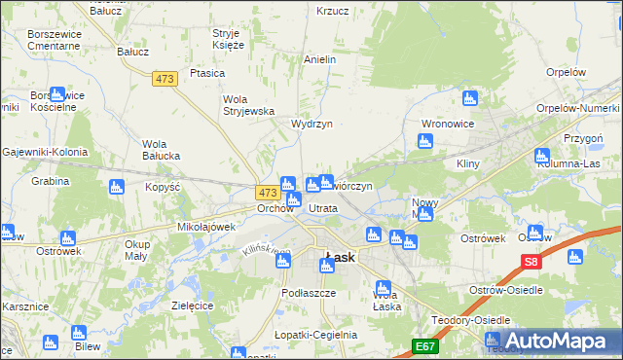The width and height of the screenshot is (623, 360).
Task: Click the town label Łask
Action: click(340, 258)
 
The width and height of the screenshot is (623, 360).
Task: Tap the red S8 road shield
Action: click(531, 261)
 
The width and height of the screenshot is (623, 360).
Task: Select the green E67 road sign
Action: click(424, 345)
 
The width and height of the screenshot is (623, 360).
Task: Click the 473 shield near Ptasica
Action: click(165, 78)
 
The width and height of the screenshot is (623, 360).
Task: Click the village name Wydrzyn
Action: click(312, 125)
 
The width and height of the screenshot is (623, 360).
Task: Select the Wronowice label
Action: click(448, 125)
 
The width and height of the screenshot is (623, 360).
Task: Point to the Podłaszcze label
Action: click(309, 293)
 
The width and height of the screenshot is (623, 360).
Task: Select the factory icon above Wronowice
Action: click(471, 98)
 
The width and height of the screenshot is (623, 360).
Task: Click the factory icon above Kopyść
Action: click(118, 186)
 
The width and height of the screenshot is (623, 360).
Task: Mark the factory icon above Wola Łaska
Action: click(384, 288)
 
